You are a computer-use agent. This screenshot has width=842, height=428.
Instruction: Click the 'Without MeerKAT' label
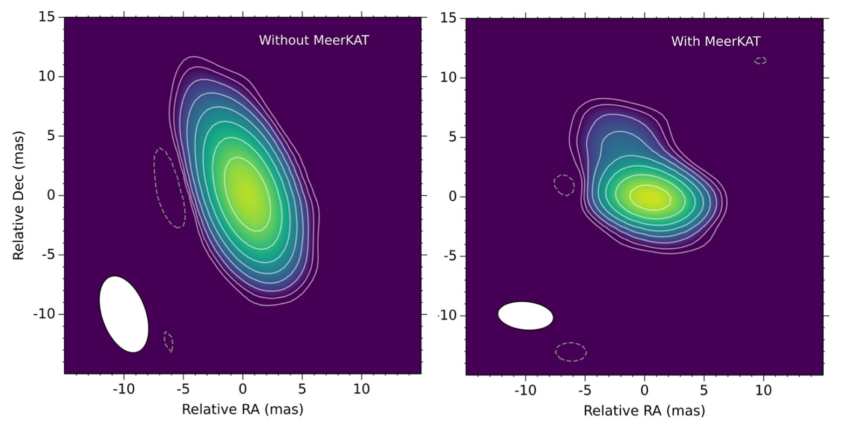tap(313, 40)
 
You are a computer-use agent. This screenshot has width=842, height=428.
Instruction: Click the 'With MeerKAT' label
tap(715, 42)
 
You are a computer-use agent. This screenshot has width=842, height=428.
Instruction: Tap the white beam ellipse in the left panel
tap(124, 314)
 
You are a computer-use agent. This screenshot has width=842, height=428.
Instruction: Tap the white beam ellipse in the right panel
tap(525, 316)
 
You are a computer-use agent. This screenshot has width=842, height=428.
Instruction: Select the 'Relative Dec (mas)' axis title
tap(19, 195)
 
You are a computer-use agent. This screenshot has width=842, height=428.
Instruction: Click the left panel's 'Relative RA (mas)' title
tap(242, 409)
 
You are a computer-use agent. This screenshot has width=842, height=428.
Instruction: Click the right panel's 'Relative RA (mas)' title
tap(644, 411)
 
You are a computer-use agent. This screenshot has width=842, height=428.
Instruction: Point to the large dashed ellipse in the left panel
tap(169, 188)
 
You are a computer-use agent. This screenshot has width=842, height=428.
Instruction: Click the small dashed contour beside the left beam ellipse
tap(169, 342)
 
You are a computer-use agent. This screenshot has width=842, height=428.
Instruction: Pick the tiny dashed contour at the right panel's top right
tap(760, 60)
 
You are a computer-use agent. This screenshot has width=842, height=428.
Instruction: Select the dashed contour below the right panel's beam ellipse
tap(571, 351)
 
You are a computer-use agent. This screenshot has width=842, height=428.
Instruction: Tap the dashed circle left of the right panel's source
tap(564, 185)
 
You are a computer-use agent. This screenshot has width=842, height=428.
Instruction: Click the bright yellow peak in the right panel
tap(649, 197)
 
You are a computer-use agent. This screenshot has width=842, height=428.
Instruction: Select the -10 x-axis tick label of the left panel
tap(124, 389)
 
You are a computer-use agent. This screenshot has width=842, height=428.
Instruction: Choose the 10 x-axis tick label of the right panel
tap(763, 390)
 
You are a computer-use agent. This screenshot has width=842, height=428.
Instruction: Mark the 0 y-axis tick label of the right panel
tap(453, 196)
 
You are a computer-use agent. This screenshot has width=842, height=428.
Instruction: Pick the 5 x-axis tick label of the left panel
tap(302, 389)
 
